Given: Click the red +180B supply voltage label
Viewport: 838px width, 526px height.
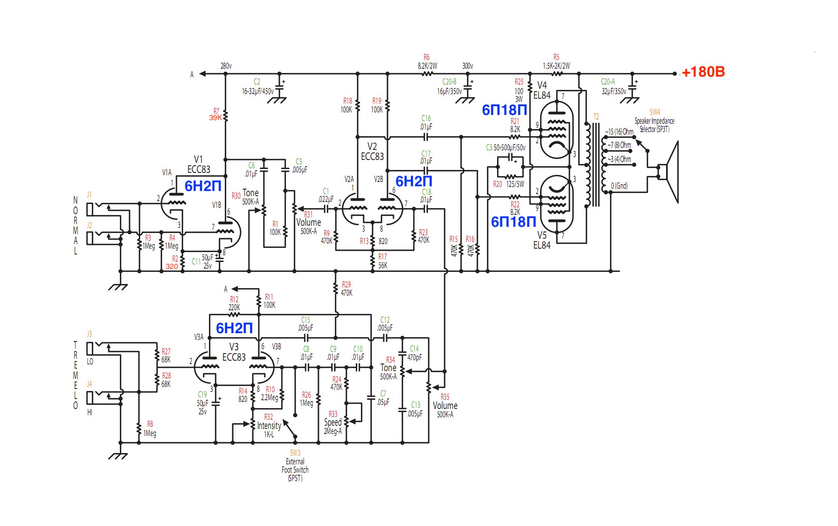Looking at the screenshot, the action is coord(703,72).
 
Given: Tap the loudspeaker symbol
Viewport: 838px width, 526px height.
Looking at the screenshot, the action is coord(669,172).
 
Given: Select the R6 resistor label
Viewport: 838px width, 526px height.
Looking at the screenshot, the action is coord(426,57).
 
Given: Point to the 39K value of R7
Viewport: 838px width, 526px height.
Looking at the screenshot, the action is coord(216,118).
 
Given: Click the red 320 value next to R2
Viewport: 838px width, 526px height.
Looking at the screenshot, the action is coord(172,266).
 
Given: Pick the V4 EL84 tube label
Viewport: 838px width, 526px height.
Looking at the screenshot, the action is coord(542,90).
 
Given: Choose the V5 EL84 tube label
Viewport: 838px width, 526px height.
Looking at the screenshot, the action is coord(542,240).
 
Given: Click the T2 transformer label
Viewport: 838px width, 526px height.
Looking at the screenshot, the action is coord(596,117).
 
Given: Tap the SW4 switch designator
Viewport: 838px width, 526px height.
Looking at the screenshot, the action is coord(654,112).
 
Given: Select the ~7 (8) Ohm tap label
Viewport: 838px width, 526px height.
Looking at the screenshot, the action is coord(619,145).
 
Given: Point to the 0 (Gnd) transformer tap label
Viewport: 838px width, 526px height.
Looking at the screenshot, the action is coord(619,186).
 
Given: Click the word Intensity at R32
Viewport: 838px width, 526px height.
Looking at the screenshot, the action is coord(269,426).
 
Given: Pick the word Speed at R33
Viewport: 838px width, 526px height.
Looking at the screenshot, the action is coord(333,422).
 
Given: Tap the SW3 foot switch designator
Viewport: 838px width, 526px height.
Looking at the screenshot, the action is coord(295,453).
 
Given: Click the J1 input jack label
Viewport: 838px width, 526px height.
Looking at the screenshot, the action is coord(89,194).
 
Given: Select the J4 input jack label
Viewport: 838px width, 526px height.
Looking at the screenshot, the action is coord(89,384).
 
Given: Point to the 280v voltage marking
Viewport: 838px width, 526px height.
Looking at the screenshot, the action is coord(226,66).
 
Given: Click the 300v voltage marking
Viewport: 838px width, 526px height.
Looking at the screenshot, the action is coord(467,66).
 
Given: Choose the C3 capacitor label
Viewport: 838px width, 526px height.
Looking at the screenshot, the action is coord(489,147).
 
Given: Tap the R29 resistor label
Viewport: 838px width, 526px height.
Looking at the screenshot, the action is coord(346,284).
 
